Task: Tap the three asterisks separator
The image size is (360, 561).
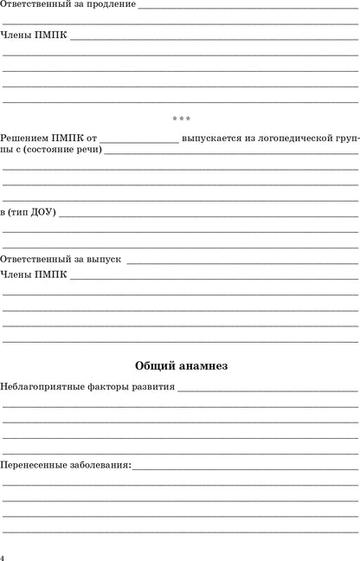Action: [x=181, y=119]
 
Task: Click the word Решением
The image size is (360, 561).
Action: [x=24, y=139]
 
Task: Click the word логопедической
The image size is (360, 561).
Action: [x=299, y=139]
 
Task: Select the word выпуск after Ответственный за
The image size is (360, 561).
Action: [x=101, y=259]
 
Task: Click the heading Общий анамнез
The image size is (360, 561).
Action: [x=181, y=365]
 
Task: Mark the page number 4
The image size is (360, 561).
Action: [x=3, y=555]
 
